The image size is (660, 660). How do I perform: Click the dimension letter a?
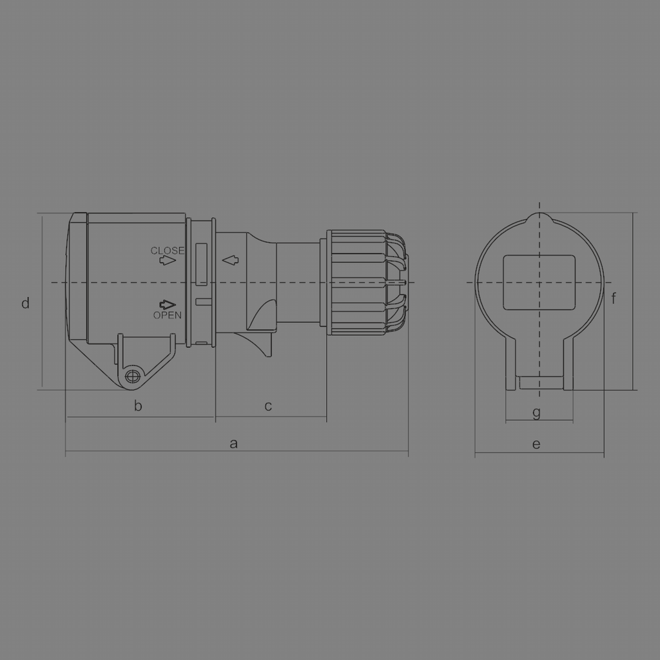[x=234, y=443]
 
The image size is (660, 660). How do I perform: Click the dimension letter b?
[x=138, y=406]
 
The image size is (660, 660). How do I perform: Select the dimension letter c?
[x=268, y=406]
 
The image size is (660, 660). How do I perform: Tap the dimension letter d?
[x=26, y=303]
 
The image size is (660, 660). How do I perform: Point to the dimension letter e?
[x=536, y=443]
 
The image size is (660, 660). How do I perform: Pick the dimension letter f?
[x=614, y=298]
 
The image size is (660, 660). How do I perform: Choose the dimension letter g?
[x=537, y=412]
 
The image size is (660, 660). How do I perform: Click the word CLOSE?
[x=167, y=250]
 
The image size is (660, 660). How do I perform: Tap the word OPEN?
[x=167, y=315]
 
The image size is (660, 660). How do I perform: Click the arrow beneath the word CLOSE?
[x=168, y=260]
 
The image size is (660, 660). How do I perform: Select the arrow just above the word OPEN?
[x=168, y=304]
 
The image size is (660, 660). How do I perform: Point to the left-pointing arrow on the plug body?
[x=230, y=260]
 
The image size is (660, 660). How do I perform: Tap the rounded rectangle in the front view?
[x=538, y=282]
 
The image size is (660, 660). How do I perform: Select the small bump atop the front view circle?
[x=539, y=218]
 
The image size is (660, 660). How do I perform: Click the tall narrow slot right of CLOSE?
[x=201, y=263]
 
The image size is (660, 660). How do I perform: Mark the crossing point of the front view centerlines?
[x=539, y=283]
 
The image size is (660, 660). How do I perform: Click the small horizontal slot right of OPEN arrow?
[x=203, y=301]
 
